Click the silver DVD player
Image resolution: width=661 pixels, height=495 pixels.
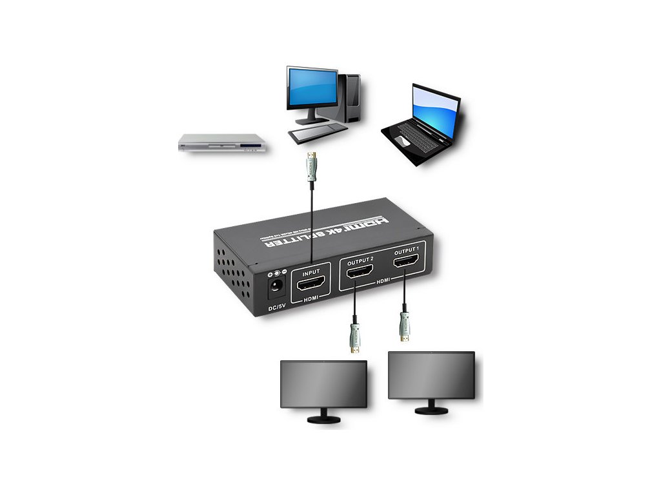222,143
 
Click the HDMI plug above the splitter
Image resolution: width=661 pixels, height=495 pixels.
312,168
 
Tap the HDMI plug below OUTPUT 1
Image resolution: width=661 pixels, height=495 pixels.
404,325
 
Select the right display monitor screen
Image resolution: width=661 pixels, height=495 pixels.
431,374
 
